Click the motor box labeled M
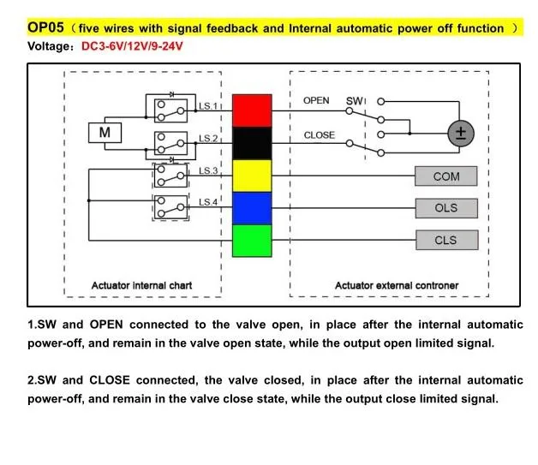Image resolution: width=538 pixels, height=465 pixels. pyautogui.click(x=105, y=133)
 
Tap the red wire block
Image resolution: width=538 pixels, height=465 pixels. pyautogui.click(x=252, y=111)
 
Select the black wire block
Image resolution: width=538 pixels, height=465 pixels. pyautogui.click(x=252, y=143)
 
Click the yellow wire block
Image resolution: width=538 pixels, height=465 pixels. pyautogui.click(x=252, y=176)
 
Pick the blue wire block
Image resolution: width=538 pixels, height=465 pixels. pyautogui.click(x=252, y=208)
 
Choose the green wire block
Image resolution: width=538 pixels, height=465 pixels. pyautogui.click(x=252, y=241)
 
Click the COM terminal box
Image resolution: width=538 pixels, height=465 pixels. pyautogui.click(x=445, y=176)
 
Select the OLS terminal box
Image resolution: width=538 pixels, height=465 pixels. pyautogui.click(x=445, y=208)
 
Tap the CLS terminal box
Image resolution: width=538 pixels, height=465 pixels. pyautogui.click(x=445, y=241)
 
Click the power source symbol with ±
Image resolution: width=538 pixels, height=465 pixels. pyautogui.click(x=462, y=133)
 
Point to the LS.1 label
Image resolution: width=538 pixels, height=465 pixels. pyautogui.click(x=209, y=107)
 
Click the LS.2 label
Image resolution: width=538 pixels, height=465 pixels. pyautogui.click(x=209, y=139)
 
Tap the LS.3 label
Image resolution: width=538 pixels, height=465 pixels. pyautogui.click(x=209, y=171)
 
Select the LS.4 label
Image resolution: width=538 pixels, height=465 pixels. pyautogui.click(x=209, y=202)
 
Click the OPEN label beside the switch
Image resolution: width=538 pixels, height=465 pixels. pyautogui.click(x=316, y=101)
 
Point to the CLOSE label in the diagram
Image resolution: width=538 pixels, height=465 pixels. pyautogui.click(x=319, y=135)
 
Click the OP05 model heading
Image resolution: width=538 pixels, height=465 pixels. pyautogui.click(x=46, y=27)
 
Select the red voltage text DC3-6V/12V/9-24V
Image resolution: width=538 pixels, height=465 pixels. pyautogui.click(x=133, y=45)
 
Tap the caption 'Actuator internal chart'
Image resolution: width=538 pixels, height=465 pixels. pyautogui.click(x=141, y=285)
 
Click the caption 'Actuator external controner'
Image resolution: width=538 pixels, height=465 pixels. pyautogui.click(x=396, y=285)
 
